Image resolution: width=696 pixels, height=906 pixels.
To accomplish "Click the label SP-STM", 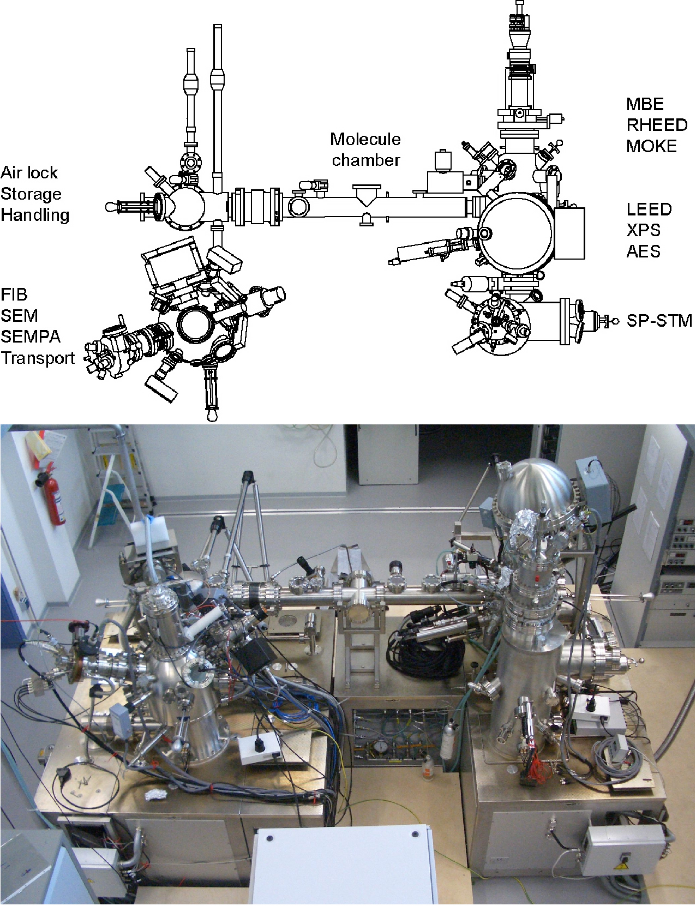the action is [x=659, y=321].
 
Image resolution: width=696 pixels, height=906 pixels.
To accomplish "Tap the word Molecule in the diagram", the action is [x=365, y=139].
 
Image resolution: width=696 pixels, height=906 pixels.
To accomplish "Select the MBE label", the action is [x=645, y=104].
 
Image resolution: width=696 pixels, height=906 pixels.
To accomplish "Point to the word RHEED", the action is [x=657, y=125].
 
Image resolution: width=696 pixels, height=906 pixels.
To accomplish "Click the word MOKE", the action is [x=651, y=146].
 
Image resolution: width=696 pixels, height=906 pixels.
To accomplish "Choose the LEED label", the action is [x=649, y=209].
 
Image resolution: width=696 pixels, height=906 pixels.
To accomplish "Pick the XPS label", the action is [x=644, y=230].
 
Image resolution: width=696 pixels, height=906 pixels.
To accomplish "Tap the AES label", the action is [x=644, y=251].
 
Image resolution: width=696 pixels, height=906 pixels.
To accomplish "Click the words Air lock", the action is [x=29, y=172].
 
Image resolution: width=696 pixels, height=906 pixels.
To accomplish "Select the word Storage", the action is [x=31, y=194].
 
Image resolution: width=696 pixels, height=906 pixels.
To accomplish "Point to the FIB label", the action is [x=14, y=295].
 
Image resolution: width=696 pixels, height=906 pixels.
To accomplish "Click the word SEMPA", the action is [x=31, y=337].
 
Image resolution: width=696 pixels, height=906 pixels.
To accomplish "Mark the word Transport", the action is [x=38, y=358].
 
